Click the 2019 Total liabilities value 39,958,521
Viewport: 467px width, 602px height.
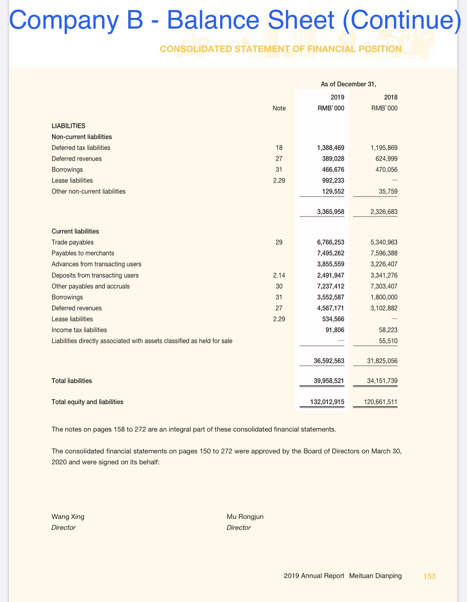pyautogui.click(x=329, y=381)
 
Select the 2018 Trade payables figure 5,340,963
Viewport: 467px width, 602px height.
pyautogui.click(x=384, y=242)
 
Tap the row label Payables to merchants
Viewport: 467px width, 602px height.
pyautogui.click(x=83, y=253)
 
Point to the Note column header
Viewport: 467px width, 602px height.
pyautogui.click(x=279, y=108)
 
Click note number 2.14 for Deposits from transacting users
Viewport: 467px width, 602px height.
pyautogui.click(x=279, y=275)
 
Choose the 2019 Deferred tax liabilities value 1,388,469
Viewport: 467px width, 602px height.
pyautogui.click(x=331, y=148)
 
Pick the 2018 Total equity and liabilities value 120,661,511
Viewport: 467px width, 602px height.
pyautogui.click(x=381, y=402)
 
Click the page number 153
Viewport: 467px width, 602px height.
pyautogui.click(x=429, y=576)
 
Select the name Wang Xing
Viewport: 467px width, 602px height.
pyautogui.click(x=68, y=517)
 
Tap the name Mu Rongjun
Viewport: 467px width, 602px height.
pyautogui.click(x=245, y=517)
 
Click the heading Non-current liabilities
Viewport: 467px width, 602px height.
pyautogui.click(x=82, y=137)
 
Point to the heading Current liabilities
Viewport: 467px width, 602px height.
pyautogui.click(x=75, y=231)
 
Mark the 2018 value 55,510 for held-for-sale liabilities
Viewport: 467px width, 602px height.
pyautogui.click(x=388, y=341)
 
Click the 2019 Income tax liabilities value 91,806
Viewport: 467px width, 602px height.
pyautogui.click(x=335, y=330)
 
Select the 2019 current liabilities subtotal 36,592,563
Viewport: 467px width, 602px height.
pyautogui.click(x=329, y=361)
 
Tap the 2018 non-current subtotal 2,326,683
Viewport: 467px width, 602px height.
pyautogui.click(x=384, y=212)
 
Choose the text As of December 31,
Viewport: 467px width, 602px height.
pyautogui.click(x=348, y=84)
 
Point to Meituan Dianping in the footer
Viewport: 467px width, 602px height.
pyautogui.click(x=375, y=576)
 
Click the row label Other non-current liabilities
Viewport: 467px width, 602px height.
pyautogui.click(x=88, y=191)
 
